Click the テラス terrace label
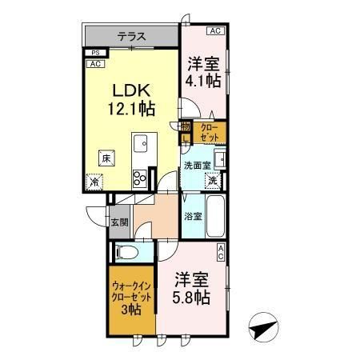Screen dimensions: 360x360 [x=132, y=35]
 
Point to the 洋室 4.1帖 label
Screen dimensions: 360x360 [x=202, y=71]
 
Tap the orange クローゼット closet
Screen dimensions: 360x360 [x=209, y=131]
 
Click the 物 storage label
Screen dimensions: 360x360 [x=185, y=126]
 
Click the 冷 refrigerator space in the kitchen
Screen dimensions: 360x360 [x=95, y=182]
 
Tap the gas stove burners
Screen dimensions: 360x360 [x=141, y=178]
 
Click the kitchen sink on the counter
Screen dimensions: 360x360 [x=141, y=146]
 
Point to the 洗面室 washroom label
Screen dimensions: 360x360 [x=196, y=166]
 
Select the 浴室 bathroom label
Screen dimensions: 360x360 [x=193, y=216]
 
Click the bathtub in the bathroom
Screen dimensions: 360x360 [x=217, y=215]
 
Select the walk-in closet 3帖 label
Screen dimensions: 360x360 [x=129, y=296]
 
